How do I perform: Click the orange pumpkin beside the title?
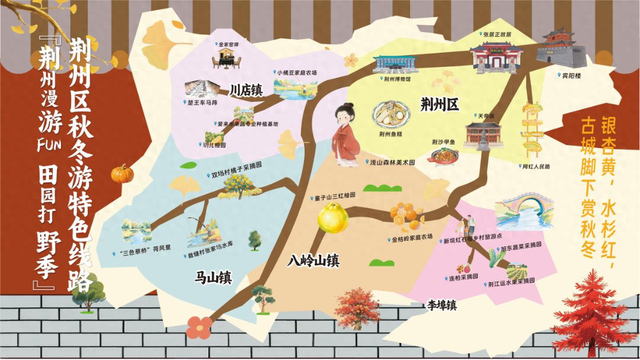point(122,173)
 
